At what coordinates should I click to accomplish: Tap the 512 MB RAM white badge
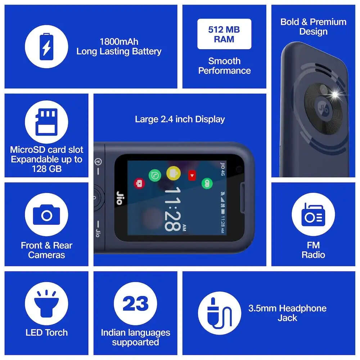pyautogui.click(x=224, y=34)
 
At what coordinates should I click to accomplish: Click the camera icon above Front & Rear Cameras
pyautogui.click(x=46, y=215)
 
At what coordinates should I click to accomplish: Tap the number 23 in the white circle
pyautogui.click(x=135, y=303)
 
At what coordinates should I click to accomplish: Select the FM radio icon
pyautogui.click(x=313, y=215)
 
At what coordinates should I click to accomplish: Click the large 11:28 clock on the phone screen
pyautogui.click(x=173, y=209)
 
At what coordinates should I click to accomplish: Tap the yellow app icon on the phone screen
pyautogui.click(x=174, y=173)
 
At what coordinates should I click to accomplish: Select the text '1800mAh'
pyautogui.click(x=119, y=42)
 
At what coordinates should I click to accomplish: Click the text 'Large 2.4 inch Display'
pyautogui.click(x=180, y=119)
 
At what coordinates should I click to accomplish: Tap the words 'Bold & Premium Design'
pyautogui.click(x=313, y=27)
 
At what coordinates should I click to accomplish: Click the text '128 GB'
pyautogui.click(x=47, y=168)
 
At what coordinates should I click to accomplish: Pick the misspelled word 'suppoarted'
pyautogui.click(x=135, y=342)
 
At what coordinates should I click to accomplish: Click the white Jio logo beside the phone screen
pyautogui.click(x=119, y=198)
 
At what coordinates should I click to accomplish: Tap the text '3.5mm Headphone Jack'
pyautogui.click(x=287, y=313)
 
